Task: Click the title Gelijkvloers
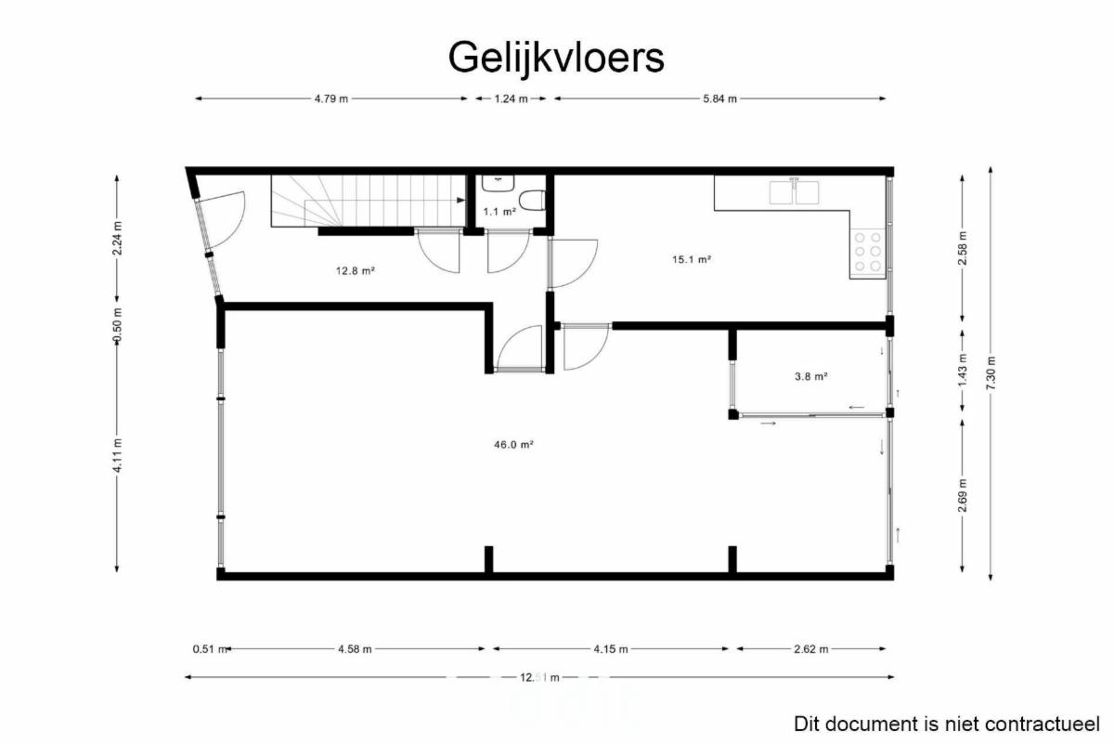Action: (x=556, y=59)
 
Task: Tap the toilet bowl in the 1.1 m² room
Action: (x=532, y=201)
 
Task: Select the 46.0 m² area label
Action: (x=513, y=444)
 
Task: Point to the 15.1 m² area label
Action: (x=692, y=259)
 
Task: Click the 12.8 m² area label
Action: (x=355, y=270)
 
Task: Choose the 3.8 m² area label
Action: (x=811, y=376)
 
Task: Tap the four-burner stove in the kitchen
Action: (x=868, y=252)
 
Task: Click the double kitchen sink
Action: (x=795, y=192)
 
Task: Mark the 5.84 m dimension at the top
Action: (x=719, y=98)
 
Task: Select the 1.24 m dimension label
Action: (x=511, y=98)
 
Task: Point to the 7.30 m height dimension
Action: (x=991, y=373)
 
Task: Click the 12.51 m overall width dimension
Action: (x=539, y=677)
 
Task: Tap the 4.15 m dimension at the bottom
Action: (x=610, y=649)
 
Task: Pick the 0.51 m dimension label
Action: (x=210, y=649)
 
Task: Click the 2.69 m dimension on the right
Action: (x=963, y=495)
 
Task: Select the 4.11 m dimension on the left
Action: (x=117, y=455)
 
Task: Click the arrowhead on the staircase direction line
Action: (x=461, y=200)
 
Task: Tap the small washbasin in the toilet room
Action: (x=498, y=183)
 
